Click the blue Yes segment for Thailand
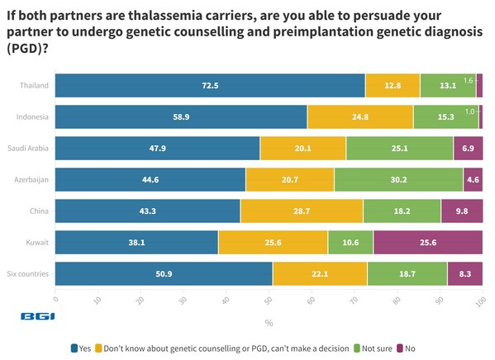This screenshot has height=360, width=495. (210, 86)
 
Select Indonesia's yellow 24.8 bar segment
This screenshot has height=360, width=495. (359, 117)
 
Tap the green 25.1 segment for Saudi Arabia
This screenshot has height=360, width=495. (399, 149)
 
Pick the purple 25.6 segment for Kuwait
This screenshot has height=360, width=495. (427, 243)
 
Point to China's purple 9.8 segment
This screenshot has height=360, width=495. (461, 211)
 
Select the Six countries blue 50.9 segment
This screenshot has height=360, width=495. (164, 274)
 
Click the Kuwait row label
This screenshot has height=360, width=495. (37, 243)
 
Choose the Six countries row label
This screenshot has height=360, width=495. (28, 274)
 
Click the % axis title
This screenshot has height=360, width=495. (269, 323)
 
